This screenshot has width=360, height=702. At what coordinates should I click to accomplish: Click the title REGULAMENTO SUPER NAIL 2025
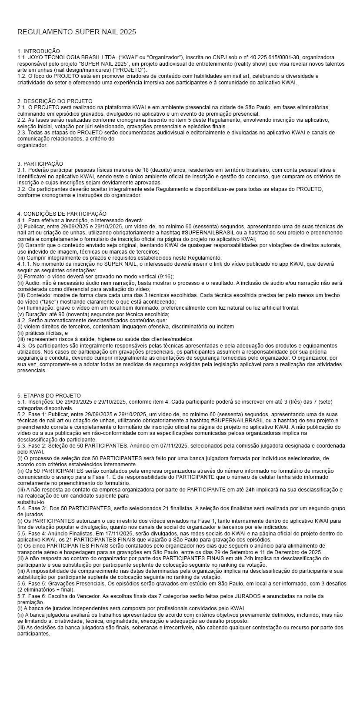coord(77,32)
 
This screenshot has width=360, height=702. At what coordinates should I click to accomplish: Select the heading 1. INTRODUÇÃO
coord(39,51)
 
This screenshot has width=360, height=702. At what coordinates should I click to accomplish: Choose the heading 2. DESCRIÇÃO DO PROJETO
coord(55,101)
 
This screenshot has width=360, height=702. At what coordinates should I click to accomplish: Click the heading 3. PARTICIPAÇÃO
coord(40,164)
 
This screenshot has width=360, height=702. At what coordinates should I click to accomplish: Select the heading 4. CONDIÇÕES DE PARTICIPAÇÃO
coord(62,214)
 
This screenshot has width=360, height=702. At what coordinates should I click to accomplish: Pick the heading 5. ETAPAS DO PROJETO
coord(49,396)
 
